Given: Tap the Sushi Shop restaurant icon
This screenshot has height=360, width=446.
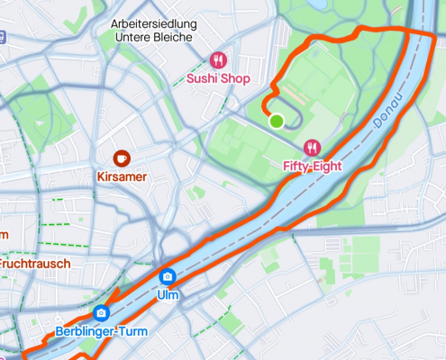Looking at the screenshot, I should point(217,60).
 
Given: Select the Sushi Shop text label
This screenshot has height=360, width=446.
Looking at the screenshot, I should point(217,77).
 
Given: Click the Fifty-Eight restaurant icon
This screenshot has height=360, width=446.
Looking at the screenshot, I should point(313,148).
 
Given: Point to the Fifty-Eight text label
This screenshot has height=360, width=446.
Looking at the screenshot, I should point(313,166).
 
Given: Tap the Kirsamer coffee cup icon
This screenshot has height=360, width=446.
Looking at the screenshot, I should point(121,158).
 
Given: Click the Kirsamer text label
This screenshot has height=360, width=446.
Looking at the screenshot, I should point(121,176).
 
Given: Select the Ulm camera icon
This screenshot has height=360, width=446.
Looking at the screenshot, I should point(167,276).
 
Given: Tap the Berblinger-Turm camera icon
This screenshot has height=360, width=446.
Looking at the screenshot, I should point(101,313).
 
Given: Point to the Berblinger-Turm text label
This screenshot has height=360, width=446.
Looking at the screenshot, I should point(101,331).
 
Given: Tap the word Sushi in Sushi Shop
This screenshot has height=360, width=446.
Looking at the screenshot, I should point(201,77).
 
